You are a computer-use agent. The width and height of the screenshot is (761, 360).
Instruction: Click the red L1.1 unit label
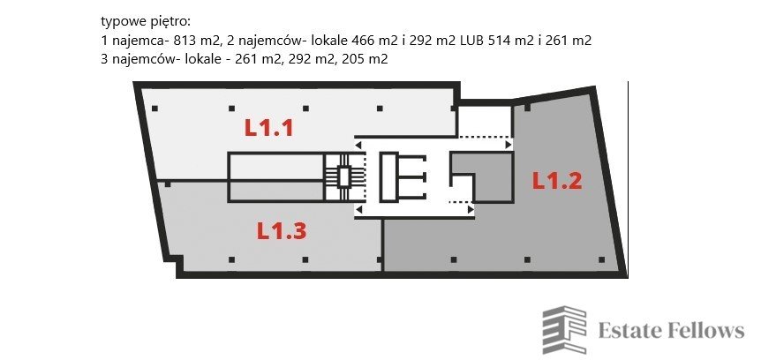268,128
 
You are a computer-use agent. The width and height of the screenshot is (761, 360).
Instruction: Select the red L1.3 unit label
282,231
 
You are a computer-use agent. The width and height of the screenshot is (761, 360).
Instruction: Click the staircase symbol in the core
338,176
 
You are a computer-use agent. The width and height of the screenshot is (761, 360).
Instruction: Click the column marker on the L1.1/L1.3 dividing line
167,184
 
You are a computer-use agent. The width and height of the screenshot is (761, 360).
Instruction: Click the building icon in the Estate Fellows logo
564,331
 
